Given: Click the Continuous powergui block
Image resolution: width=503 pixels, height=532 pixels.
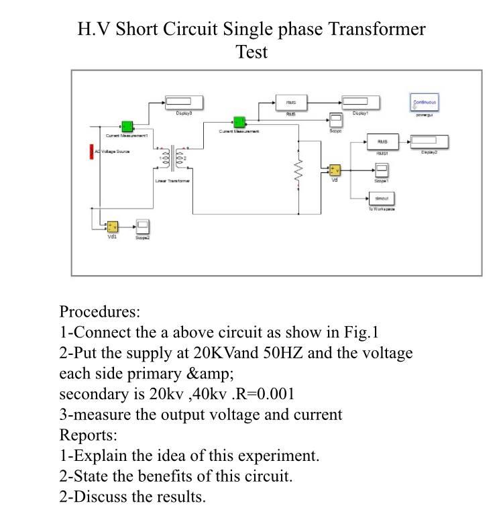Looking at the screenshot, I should (x=425, y=103).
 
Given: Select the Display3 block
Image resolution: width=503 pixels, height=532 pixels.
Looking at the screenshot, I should (x=184, y=103).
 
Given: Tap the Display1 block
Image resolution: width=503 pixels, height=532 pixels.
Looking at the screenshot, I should (x=361, y=103).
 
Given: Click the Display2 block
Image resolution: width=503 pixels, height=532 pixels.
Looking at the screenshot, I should (x=429, y=142).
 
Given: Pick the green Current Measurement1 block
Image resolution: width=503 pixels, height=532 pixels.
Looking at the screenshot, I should (x=126, y=127).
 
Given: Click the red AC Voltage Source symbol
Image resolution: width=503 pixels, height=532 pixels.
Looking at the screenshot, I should (x=92, y=152).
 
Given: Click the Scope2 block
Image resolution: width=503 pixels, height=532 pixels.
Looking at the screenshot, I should (x=143, y=226).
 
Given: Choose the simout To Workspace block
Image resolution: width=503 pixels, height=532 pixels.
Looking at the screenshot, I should (x=381, y=199).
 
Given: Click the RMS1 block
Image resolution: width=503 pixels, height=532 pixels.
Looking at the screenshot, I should (x=382, y=142).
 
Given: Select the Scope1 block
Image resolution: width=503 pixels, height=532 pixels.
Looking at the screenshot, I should (x=381, y=170).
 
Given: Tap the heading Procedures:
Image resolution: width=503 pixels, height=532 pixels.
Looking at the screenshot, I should (x=100, y=312).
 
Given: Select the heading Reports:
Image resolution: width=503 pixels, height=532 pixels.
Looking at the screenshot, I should (x=89, y=435).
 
